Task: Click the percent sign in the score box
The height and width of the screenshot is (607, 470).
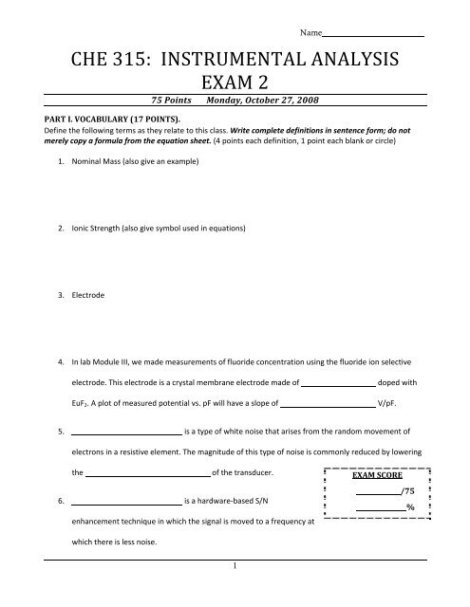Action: pyautogui.click(x=410, y=508)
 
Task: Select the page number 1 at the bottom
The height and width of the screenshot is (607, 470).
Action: pyautogui.click(x=234, y=594)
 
